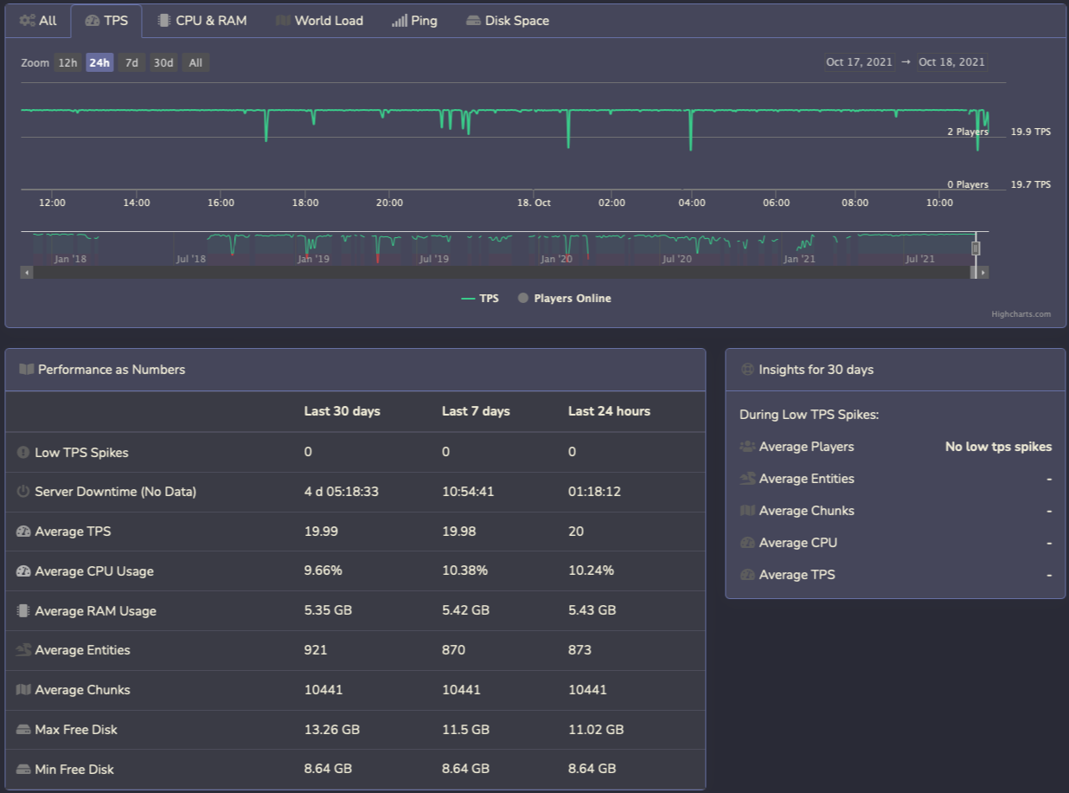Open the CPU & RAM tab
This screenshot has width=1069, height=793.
[x=202, y=21]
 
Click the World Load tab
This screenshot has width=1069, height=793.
[x=320, y=21]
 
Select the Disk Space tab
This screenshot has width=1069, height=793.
[x=508, y=21]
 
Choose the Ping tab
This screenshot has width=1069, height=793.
[x=414, y=21]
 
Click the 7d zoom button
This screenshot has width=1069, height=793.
[x=131, y=62]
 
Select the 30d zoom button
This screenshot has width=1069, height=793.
[x=163, y=62]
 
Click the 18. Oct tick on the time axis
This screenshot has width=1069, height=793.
[x=534, y=203]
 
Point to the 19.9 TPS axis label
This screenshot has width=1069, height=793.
[x=1030, y=132]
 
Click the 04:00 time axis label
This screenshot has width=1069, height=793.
[x=692, y=203]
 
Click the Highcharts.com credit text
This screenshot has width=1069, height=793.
[x=1021, y=314]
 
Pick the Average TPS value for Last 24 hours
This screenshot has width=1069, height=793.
[x=576, y=532]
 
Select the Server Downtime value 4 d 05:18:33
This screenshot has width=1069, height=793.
[x=341, y=492]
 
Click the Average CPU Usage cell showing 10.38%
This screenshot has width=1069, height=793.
[x=464, y=571]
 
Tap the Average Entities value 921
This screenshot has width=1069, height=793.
[x=316, y=650]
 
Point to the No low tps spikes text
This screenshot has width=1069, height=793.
[x=998, y=447]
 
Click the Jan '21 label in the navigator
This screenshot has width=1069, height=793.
[x=798, y=259]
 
